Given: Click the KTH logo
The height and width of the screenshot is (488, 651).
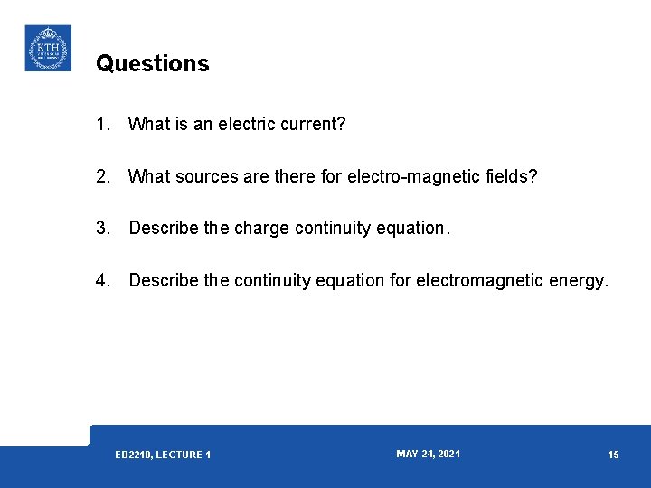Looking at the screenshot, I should click(x=47, y=48).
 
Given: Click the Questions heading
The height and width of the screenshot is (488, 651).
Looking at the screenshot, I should click(x=152, y=63).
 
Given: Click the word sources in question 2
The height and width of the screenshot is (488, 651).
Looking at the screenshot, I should click(x=209, y=176).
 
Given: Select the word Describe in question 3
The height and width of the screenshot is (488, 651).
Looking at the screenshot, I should click(x=165, y=229).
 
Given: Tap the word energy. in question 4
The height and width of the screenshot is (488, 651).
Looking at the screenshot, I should click(x=579, y=281).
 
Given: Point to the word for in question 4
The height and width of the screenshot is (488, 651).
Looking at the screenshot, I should click(x=401, y=281).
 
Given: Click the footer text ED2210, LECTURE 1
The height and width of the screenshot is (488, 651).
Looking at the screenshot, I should click(x=163, y=455).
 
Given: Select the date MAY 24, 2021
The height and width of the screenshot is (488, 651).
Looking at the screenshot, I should click(x=428, y=454).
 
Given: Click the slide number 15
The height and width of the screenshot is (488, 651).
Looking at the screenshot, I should click(x=613, y=455).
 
